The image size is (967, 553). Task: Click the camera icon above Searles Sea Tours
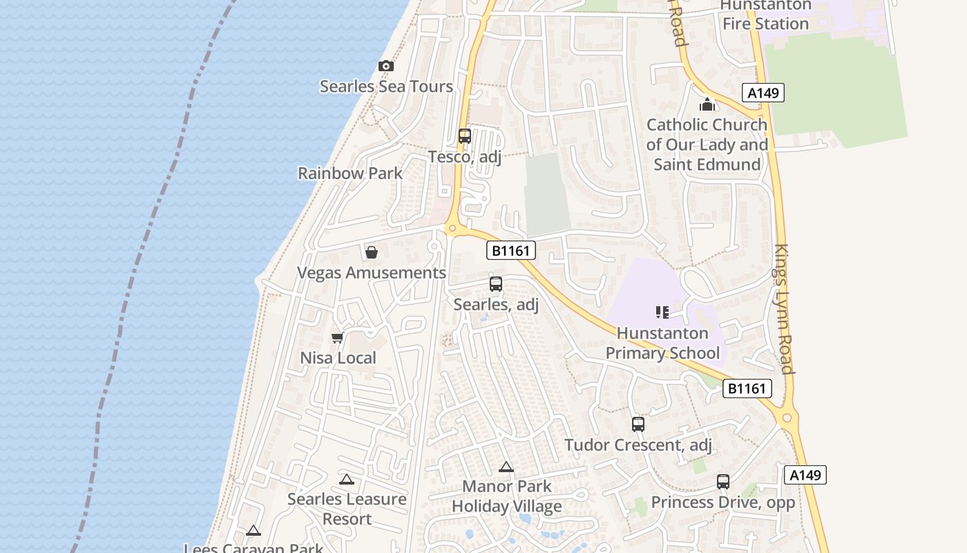click(x=386, y=66)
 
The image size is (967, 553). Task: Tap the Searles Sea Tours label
click(x=386, y=86)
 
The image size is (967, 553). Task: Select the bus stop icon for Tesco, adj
click(x=465, y=136)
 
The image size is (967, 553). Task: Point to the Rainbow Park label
click(x=350, y=173)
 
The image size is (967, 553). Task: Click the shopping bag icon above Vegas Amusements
click(x=372, y=252)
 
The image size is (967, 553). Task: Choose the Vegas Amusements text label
click(x=372, y=272)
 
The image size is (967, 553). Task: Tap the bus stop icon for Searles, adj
click(x=496, y=284)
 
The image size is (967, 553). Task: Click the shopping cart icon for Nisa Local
click(x=338, y=338)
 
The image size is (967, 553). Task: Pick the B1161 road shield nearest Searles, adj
click(x=511, y=251)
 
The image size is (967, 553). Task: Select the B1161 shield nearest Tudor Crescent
click(x=747, y=388)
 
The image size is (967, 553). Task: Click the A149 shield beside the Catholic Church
click(x=764, y=93)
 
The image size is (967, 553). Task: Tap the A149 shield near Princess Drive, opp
click(x=805, y=475)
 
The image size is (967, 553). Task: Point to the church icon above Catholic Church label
click(x=707, y=105)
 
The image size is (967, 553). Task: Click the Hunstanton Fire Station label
click(x=765, y=15)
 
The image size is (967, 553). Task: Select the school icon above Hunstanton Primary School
click(x=662, y=312)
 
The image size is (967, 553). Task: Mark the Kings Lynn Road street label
click(x=785, y=308)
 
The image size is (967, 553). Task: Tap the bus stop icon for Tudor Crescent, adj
click(x=638, y=424)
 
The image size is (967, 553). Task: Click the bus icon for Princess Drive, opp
click(x=723, y=482)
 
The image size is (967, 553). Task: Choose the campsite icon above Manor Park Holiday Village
click(x=506, y=467)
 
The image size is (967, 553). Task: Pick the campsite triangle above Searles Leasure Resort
click(x=347, y=479)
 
